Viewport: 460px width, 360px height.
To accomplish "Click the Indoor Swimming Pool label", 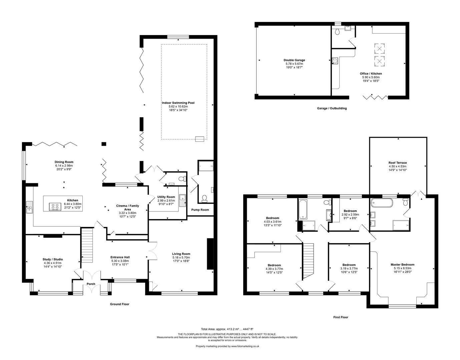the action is [x=178, y=103].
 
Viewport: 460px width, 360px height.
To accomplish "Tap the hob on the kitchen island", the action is [x=55, y=207].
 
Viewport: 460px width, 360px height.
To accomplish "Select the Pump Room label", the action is [x=200, y=210].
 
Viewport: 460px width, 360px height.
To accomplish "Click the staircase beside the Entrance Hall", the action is [x=87, y=245].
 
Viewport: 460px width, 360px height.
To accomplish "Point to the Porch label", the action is [x=91, y=284].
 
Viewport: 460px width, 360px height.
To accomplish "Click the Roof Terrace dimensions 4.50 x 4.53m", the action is [x=398, y=166].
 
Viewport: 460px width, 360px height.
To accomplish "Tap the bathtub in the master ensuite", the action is [x=382, y=203].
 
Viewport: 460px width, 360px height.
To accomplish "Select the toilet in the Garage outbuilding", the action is [x=338, y=32].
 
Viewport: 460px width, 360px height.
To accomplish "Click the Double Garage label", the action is [x=294, y=60].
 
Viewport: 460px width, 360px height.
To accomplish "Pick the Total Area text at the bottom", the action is [x=227, y=329].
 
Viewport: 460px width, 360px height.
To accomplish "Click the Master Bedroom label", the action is [x=402, y=264].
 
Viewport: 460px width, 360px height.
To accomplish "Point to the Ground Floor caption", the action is [x=120, y=304].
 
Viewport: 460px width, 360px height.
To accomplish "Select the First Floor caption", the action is [x=341, y=317].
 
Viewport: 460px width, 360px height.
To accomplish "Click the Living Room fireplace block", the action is [x=210, y=254].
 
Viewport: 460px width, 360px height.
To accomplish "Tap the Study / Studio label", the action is [x=53, y=259].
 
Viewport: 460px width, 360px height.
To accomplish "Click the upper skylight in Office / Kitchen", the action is [x=380, y=49].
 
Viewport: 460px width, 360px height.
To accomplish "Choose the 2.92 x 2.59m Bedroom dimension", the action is [x=350, y=214].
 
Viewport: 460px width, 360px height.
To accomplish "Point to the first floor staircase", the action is [x=308, y=261].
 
